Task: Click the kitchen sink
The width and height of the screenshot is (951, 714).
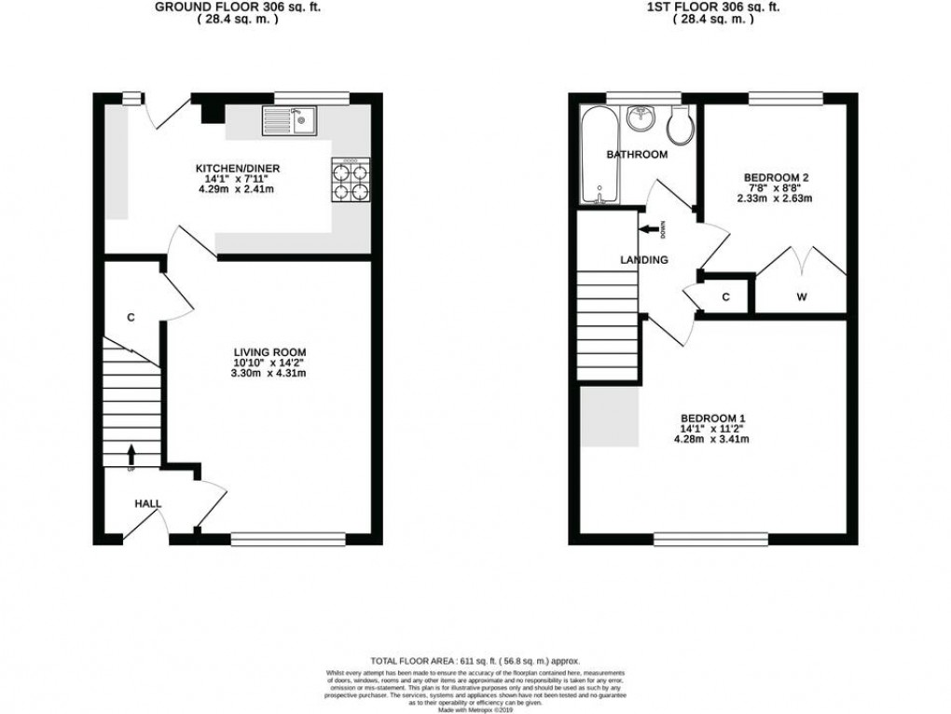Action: coord(290,120)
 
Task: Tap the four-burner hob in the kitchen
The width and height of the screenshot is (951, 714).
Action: coord(351,181)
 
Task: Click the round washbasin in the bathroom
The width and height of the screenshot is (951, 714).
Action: coord(641,118)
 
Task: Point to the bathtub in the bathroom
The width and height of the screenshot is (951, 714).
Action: coord(595,154)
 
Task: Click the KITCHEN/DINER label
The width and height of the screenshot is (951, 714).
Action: coord(237,169)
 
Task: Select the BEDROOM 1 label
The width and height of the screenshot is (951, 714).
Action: coord(712,418)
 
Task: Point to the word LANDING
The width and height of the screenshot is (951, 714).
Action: coord(644,260)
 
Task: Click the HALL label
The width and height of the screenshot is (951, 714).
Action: coord(147,503)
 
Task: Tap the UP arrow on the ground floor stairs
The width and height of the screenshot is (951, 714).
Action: coord(131,455)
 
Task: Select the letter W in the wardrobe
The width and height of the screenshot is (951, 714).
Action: coord(801,298)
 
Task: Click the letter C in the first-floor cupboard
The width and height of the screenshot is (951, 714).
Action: coord(726,297)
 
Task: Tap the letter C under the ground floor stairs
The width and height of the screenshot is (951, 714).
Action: coord(131,318)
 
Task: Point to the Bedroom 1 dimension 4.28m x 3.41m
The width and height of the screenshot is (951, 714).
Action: coord(712,439)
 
